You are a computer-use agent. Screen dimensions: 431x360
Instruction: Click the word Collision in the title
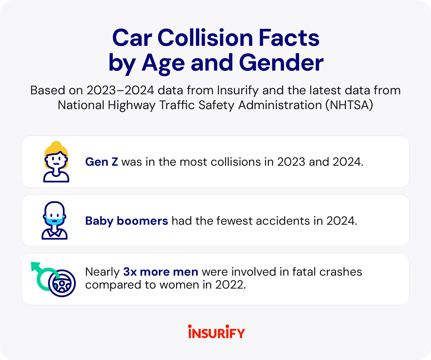click(205, 38)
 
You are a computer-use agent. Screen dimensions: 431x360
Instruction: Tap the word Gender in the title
click(281, 63)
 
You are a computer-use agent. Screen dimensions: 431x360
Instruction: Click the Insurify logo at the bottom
click(216, 332)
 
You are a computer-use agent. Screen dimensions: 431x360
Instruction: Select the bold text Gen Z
click(101, 162)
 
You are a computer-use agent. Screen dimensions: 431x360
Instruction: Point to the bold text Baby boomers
click(127, 221)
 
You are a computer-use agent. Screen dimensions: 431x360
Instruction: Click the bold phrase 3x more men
click(161, 272)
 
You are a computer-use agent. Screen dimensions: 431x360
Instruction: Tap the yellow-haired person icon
click(56, 162)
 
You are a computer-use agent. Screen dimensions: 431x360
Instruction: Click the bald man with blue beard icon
click(54, 220)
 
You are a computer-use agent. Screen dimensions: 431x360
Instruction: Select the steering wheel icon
click(62, 283)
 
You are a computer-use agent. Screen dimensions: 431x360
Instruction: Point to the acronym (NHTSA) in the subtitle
click(349, 105)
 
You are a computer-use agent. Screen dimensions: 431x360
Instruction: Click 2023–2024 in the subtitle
click(120, 90)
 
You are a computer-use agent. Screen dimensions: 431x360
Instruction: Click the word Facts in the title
click(289, 38)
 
